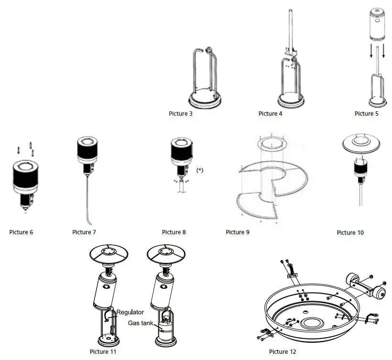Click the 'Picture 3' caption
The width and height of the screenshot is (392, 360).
click(181, 114)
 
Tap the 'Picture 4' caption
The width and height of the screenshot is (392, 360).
click(271, 114)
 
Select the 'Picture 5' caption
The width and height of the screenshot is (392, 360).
click(367, 114)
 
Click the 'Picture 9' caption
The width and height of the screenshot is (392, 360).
click(238, 232)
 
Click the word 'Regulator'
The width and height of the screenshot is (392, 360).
click(130, 312)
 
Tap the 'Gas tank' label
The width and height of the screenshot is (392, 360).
click(141, 323)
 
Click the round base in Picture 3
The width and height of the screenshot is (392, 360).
click(206, 101)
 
